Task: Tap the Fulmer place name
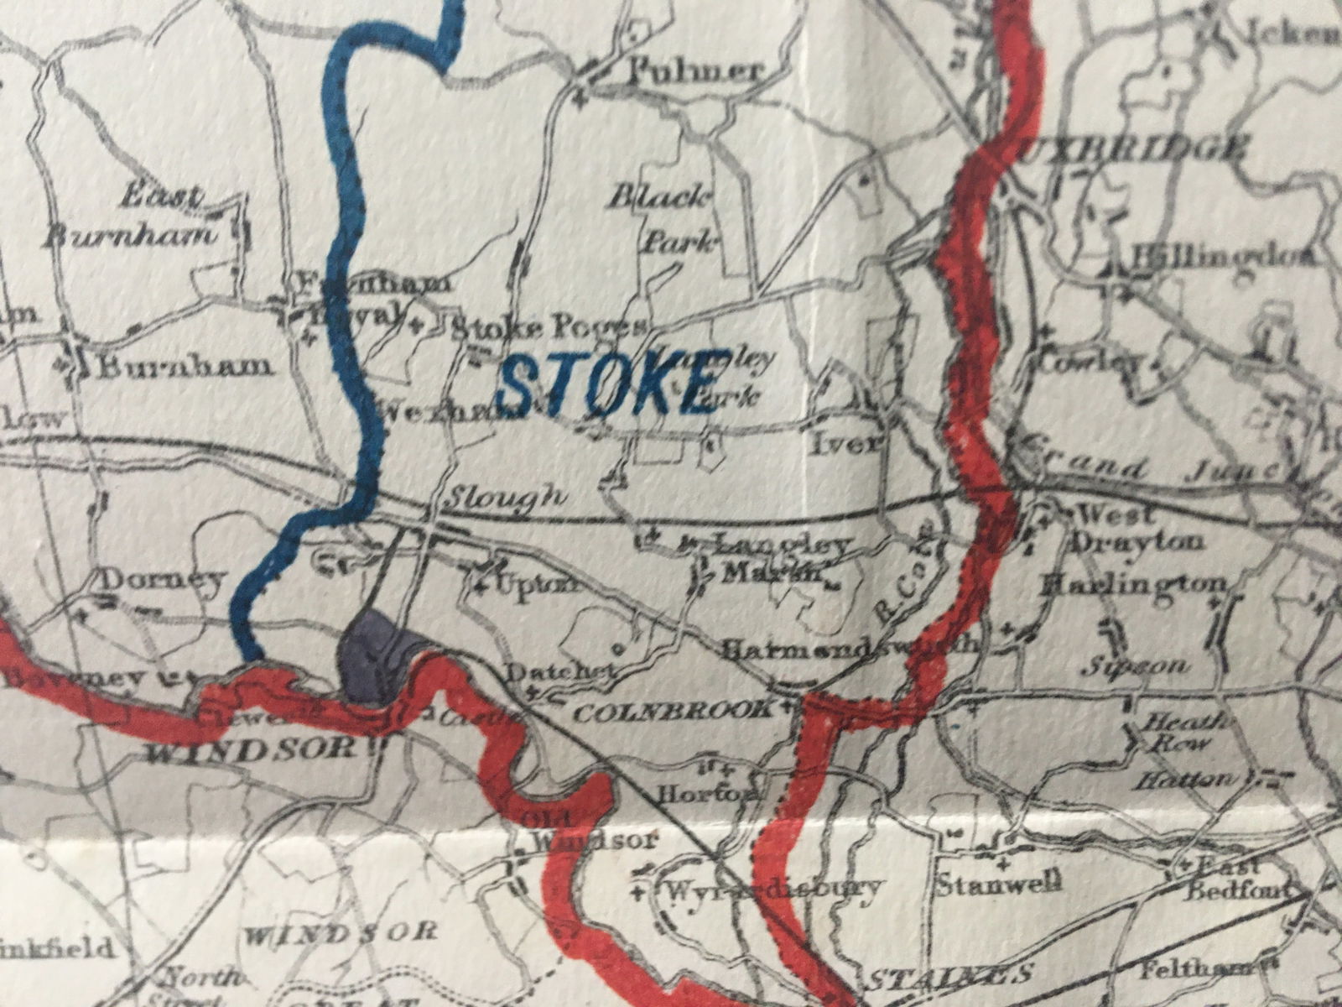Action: click(x=696, y=71)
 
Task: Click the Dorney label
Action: click(x=163, y=579)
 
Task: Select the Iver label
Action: click(x=847, y=443)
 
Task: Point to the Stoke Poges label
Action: click(x=549, y=326)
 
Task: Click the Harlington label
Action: click(x=1132, y=584)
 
